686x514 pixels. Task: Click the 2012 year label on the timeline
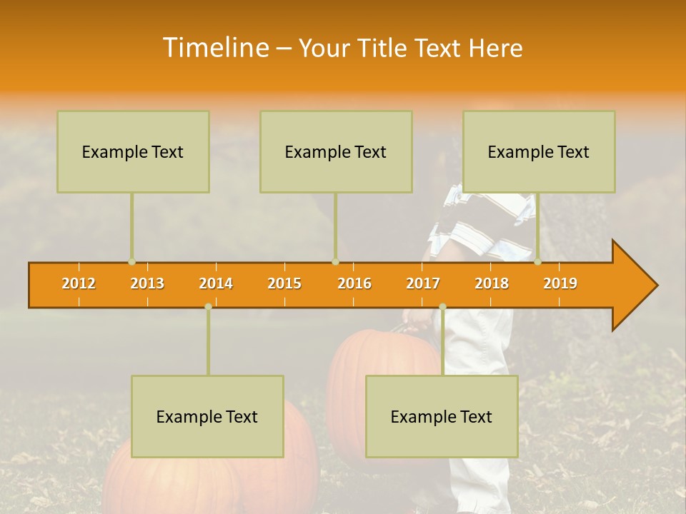coord(79,283)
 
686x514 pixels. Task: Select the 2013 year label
coord(147,283)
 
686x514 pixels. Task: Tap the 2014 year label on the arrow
coord(216,283)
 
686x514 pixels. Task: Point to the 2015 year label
coord(284,283)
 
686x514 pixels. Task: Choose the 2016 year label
coord(354,283)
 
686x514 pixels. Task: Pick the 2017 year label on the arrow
coord(423,283)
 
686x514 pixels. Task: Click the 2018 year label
coord(492,283)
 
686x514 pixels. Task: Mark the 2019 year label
coord(560,283)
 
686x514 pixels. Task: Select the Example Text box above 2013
coord(133,151)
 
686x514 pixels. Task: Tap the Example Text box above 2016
coord(336,151)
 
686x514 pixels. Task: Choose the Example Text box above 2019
coord(539,151)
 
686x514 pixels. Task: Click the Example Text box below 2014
coord(207,416)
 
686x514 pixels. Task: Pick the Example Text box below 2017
coord(442,416)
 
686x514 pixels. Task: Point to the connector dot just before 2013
coord(132,262)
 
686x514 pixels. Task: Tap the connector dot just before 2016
coord(335,262)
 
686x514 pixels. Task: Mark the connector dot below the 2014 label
coord(208,306)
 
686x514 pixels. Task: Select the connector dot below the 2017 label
coord(442,306)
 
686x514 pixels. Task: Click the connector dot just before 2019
coord(538,262)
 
